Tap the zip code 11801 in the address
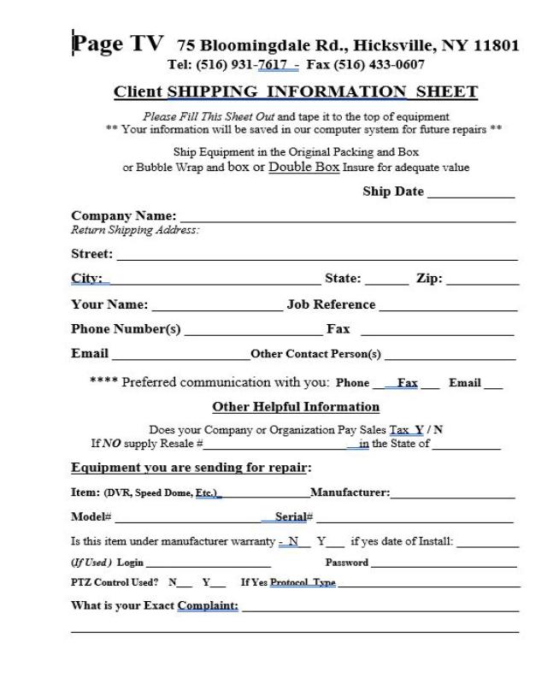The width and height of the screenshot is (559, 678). click(491, 45)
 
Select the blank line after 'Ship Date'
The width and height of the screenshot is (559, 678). click(471, 196)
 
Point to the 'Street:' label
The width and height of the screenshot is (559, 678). click(91, 254)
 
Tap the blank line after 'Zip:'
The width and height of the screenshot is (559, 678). click(482, 283)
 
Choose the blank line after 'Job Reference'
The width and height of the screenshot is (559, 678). click(448, 309)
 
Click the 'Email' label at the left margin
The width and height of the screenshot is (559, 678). click(90, 353)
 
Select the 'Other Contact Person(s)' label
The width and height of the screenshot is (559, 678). click(315, 354)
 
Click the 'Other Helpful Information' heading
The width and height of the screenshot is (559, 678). click(296, 407)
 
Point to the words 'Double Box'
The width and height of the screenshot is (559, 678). click(304, 168)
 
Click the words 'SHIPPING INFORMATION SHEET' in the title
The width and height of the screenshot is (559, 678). click(322, 92)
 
